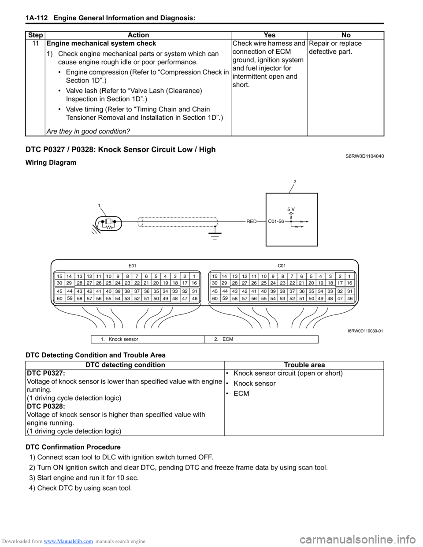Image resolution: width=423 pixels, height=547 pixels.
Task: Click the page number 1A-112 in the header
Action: tap(37, 18)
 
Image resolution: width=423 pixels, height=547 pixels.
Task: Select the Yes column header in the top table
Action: tap(269, 35)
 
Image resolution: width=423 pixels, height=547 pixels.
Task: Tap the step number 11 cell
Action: tap(35, 44)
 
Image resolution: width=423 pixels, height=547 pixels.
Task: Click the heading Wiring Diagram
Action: tap(51, 163)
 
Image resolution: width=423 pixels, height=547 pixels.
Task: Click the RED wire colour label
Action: tap(251, 222)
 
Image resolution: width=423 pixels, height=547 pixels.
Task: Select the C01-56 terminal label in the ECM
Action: tap(276, 222)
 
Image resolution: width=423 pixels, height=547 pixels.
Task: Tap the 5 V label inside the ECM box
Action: tap(291, 210)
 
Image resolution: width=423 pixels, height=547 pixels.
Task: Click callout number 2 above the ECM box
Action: tap(295, 181)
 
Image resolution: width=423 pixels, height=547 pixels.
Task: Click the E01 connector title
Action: tap(133, 266)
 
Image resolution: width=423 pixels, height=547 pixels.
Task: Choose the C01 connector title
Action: tap(282, 266)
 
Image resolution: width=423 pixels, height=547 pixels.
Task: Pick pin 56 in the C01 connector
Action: tap(254, 299)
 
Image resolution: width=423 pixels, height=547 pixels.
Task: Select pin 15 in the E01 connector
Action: tap(59, 277)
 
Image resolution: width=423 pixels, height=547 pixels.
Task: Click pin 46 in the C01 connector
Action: tap(350, 299)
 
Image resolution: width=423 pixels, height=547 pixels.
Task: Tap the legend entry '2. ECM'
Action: tap(224, 339)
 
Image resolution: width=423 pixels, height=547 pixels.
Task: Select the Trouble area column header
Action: tap(304, 365)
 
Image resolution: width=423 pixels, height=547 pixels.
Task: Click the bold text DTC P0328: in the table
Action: tap(46, 407)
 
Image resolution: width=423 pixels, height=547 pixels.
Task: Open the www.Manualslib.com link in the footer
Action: tap(68, 541)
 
